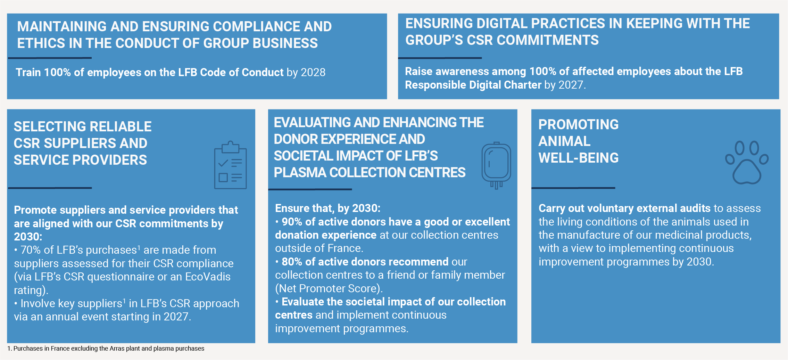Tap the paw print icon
click(747, 162)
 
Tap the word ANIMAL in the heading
click(564, 141)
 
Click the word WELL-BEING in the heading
click(579, 158)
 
